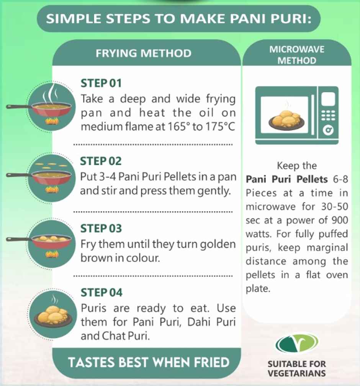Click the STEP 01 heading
click(101, 83)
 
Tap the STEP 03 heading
click(101, 228)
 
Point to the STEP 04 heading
click(101, 293)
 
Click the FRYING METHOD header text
click(144, 53)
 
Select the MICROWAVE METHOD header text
click(297, 55)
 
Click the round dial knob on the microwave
click(328, 131)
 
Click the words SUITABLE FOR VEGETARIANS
click(297, 368)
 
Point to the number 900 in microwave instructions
click(339, 220)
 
